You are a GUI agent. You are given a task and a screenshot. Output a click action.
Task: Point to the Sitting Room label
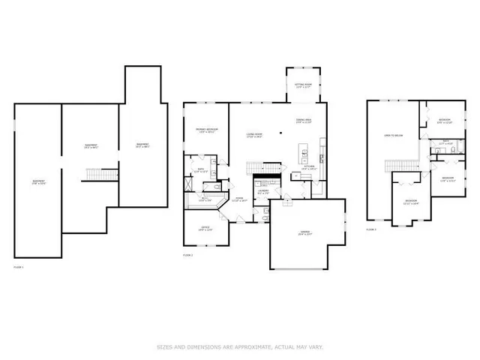(x=303, y=86)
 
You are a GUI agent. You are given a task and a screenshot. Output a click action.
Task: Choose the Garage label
(x=306, y=233)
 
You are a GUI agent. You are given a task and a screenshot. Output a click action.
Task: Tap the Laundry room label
(x=263, y=192)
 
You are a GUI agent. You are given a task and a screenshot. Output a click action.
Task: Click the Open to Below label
(x=394, y=136)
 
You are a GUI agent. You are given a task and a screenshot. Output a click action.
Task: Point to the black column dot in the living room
(x=280, y=132)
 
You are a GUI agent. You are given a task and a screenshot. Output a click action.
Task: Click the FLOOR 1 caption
(x=19, y=267)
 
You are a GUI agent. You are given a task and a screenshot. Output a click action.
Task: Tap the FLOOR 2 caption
(x=188, y=256)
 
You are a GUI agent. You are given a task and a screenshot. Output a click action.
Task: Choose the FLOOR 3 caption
(x=371, y=229)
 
